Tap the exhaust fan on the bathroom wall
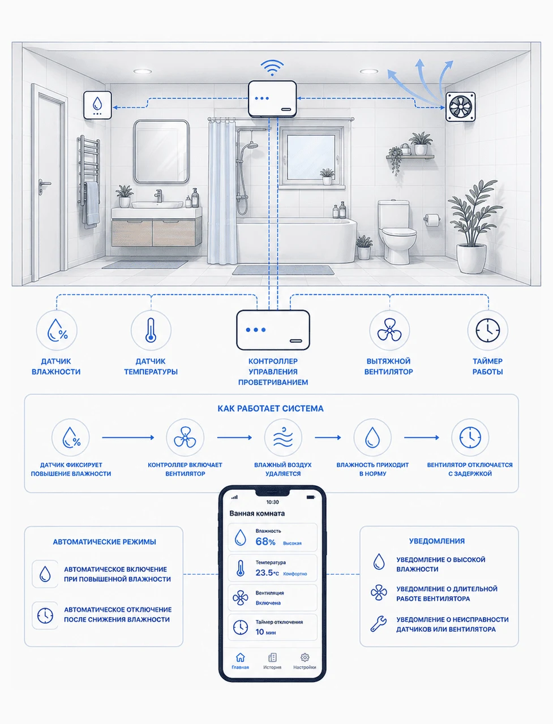point(461,106)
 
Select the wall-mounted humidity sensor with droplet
point(97,105)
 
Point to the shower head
point(252,145)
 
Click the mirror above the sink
point(161,152)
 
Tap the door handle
point(44,183)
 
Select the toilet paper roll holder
point(432,219)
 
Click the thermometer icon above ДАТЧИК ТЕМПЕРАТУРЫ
point(151,330)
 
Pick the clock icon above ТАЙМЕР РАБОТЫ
point(488,330)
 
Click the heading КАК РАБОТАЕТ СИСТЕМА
point(271,408)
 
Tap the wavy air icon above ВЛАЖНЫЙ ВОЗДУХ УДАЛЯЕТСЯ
point(283,437)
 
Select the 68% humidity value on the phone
point(265,542)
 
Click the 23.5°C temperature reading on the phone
point(267,572)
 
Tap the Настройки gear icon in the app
point(305,657)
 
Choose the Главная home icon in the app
point(240,657)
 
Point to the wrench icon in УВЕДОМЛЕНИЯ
point(379,624)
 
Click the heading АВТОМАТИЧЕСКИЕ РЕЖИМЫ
point(104,542)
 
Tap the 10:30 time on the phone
point(273,502)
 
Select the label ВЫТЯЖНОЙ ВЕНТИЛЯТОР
point(389,367)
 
